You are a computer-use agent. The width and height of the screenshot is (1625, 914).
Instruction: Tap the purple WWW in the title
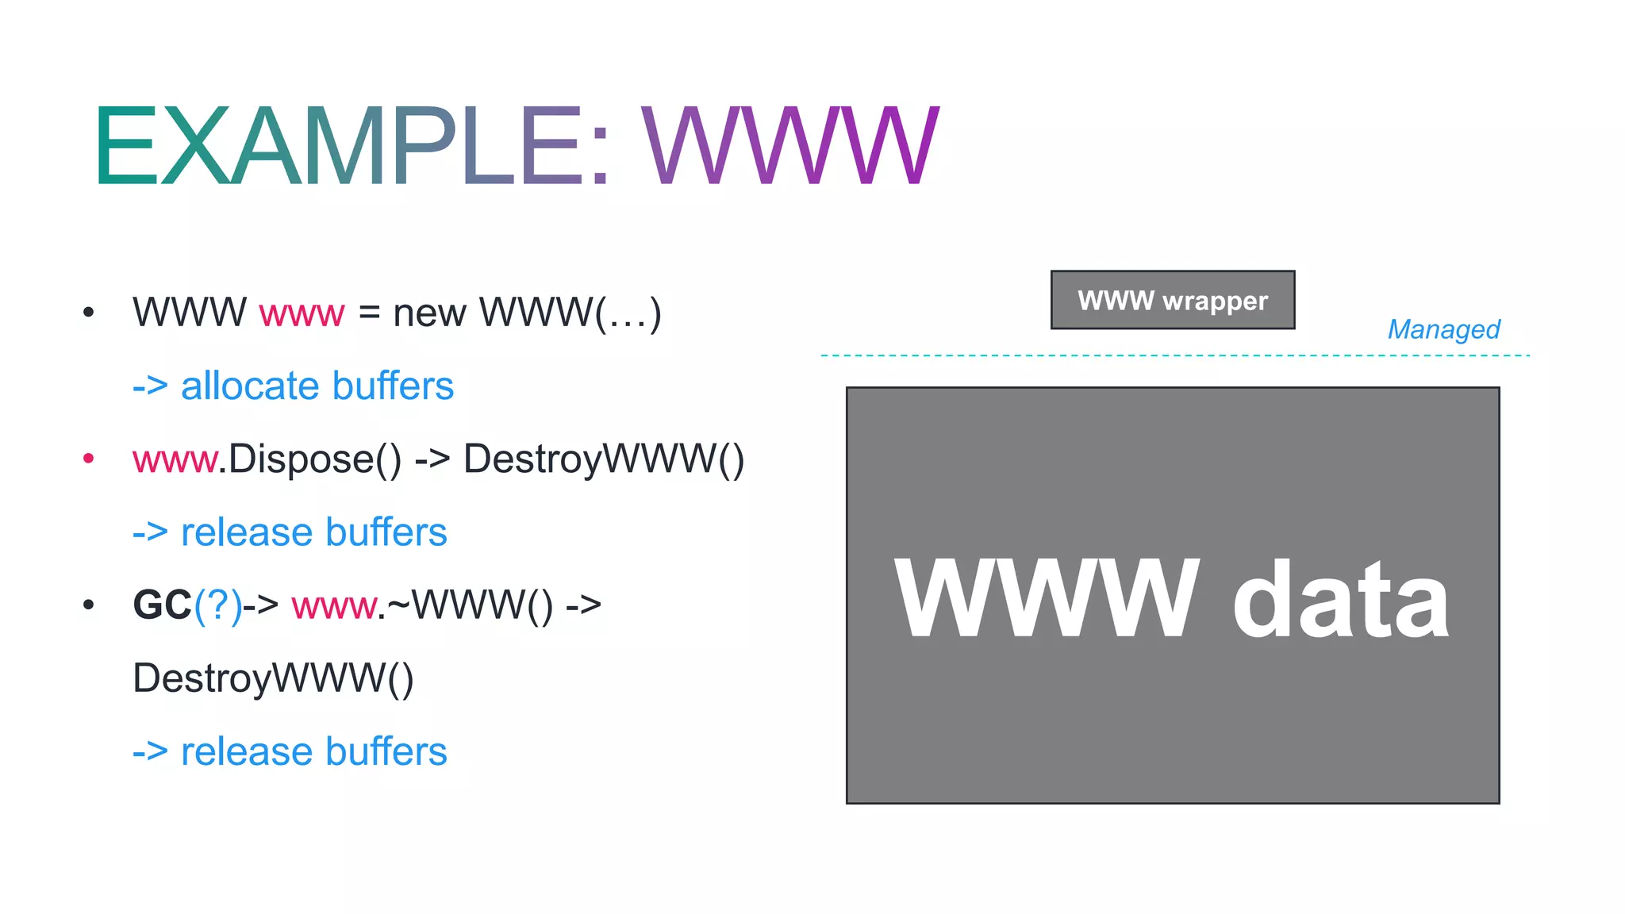tap(789, 146)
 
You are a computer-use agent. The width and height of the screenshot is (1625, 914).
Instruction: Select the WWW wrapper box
tap(1173, 301)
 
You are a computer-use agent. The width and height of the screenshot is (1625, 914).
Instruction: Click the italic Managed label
tap(1443, 328)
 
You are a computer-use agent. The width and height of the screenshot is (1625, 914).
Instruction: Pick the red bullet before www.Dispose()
tap(89, 459)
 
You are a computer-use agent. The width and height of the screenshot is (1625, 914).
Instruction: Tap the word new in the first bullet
tap(429, 313)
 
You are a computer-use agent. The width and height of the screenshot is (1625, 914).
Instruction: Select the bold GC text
tap(162, 605)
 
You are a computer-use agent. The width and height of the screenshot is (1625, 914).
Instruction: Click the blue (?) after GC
tap(218, 605)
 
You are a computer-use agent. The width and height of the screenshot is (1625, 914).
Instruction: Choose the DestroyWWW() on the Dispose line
tap(604, 459)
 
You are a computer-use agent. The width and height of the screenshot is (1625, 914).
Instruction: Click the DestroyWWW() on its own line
tap(273, 678)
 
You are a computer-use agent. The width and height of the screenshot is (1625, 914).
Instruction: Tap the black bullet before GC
tap(89, 605)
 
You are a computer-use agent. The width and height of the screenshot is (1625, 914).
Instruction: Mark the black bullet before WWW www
tap(89, 313)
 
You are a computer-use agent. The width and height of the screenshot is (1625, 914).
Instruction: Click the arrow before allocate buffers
tap(150, 386)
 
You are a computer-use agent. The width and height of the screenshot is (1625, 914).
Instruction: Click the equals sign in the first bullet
tap(369, 313)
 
